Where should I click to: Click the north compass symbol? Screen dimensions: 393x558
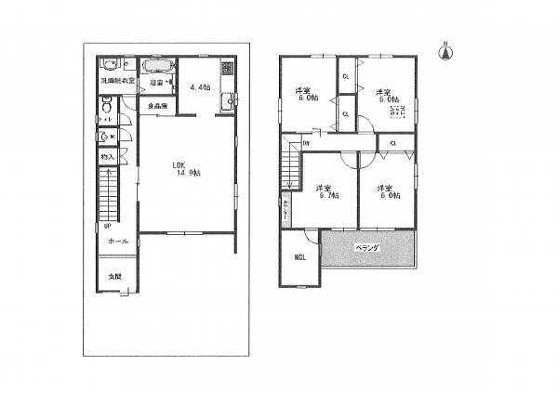tap(445, 50)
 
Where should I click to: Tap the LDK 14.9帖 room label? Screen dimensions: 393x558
tap(186, 169)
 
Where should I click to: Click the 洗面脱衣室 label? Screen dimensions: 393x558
tap(117, 82)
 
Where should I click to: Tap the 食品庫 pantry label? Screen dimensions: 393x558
tap(156, 105)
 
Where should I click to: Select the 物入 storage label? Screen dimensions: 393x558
tap(107, 159)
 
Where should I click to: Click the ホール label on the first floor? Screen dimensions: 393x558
tap(117, 241)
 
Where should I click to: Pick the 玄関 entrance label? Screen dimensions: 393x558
tap(113, 277)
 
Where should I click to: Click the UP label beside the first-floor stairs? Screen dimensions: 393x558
tap(108, 226)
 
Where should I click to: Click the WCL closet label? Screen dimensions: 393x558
tap(300, 257)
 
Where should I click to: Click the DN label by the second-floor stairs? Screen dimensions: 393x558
tap(306, 143)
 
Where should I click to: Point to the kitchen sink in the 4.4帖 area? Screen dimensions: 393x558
tap(226, 100)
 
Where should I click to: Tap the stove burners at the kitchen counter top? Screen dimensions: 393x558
tap(226, 70)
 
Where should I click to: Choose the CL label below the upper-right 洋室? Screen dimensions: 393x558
tap(393, 143)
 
